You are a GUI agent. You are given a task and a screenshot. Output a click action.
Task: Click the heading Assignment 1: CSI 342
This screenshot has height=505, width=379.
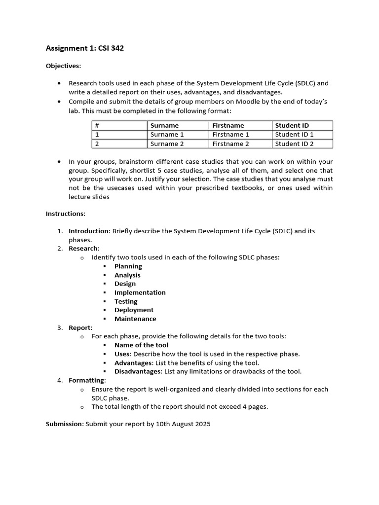(x=81, y=48)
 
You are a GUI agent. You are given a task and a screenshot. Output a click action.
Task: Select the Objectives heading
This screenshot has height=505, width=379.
(x=63, y=66)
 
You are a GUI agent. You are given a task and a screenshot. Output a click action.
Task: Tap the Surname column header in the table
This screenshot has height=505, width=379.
(x=164, y=125)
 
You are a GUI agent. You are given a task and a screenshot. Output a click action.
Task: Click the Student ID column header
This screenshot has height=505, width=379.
(x=292, y=125)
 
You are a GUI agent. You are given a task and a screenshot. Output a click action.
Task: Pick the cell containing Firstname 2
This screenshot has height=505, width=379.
(x=230, y=144)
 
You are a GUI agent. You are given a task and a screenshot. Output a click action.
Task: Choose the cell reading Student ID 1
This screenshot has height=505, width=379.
(x=294, y=134)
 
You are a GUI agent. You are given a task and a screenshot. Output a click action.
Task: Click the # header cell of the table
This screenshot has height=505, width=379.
(x=97, y=125)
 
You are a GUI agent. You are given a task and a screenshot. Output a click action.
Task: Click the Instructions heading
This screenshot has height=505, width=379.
(x=65, y=214)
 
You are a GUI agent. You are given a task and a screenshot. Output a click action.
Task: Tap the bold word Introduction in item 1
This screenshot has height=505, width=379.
(x=89, y=231)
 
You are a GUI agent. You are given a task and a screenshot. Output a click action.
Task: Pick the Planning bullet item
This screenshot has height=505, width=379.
(x=128, y=266)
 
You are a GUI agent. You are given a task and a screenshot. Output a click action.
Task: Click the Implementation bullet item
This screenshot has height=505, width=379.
(x=140, y=292)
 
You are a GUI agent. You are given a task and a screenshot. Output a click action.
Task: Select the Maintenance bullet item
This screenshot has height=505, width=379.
(x=135, y=319)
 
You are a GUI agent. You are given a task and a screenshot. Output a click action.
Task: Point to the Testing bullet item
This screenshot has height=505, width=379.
(x=126, y=301)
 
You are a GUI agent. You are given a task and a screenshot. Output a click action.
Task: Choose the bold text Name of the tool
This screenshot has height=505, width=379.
(x=141, y=345)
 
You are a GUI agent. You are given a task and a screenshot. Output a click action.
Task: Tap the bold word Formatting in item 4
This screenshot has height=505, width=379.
(x=86, y=380)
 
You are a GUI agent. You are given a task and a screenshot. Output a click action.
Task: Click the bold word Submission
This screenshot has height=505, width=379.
(x=64, y=424)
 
